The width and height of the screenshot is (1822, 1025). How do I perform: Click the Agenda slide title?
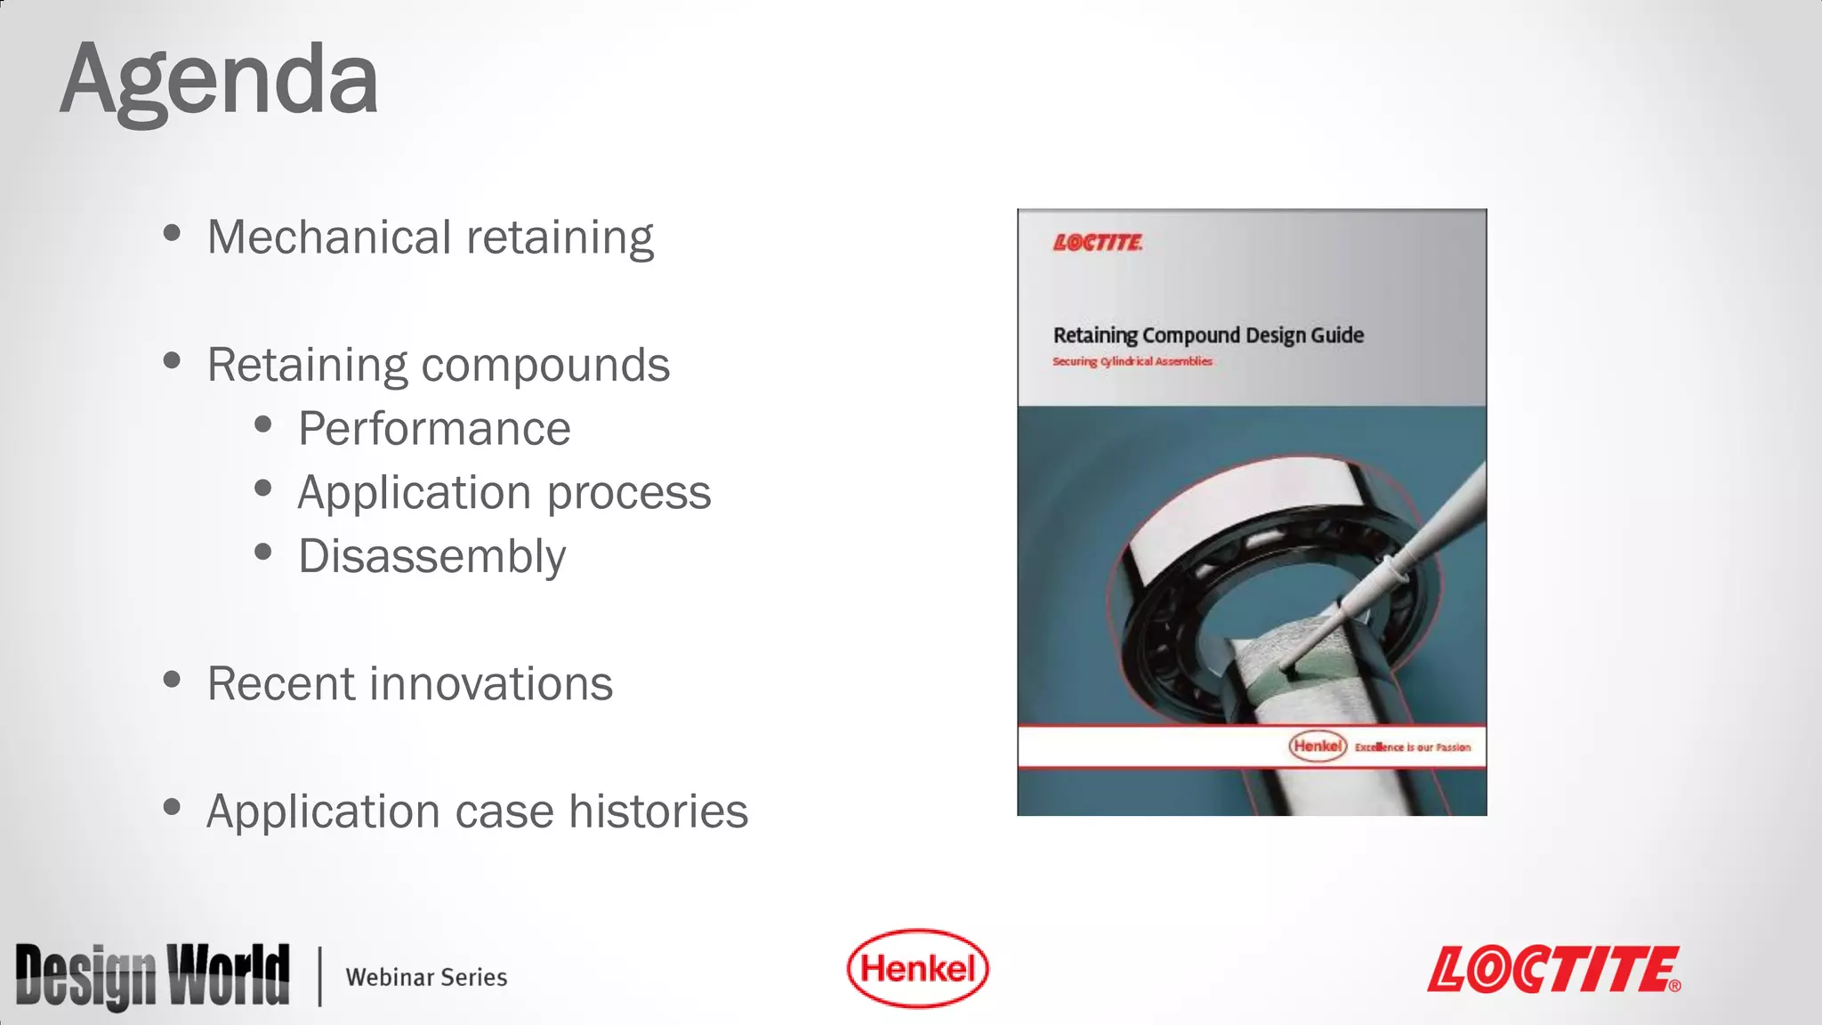pyautogui.click(x=219, y=82)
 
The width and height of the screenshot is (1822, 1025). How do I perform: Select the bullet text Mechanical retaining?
pyautogui.click(x=430, y=238)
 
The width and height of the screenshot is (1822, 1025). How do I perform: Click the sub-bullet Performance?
pyautogui.click(x=434, y=429)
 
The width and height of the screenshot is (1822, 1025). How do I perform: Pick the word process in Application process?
pyautogui.click(x=628, y=493)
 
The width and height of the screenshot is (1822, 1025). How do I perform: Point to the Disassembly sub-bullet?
pyautogui.click(x=431, y=557)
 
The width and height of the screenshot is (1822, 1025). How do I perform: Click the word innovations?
pyautogui.click(x=491, y=684)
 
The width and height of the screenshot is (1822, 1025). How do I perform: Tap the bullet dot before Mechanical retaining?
pyautogui.click(x=173, y=234)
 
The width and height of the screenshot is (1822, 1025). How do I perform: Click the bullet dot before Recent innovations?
pyautogui.click(x=173, y=681)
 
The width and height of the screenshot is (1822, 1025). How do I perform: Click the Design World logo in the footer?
pyautogui.click(x=152, y=976)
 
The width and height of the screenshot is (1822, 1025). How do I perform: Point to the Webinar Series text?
pyautogui.click(x=426, y=977)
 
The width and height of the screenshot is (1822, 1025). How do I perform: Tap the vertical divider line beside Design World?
pyautogui.click(x=319, y=977)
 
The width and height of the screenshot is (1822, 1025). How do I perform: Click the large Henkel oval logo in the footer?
pyautogui.click(x=917, y=968)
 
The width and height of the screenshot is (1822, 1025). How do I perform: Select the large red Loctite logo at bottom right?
pyautogui.click(x=1553, y=970)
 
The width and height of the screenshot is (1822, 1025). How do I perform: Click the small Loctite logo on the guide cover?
pyautogui.click(x=1098, y=243)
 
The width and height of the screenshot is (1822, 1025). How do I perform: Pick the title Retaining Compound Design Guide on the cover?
pyautogui.click(x=1208, y=335)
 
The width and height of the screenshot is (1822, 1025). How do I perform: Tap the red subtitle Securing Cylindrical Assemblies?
pyautogui.click(x=1132, y=361)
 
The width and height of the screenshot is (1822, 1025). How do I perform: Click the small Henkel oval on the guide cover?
pyautogui.click(x=1318, y=746)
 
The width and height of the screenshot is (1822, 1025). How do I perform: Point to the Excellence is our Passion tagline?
pyautogui.click(x=1412, y=747)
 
